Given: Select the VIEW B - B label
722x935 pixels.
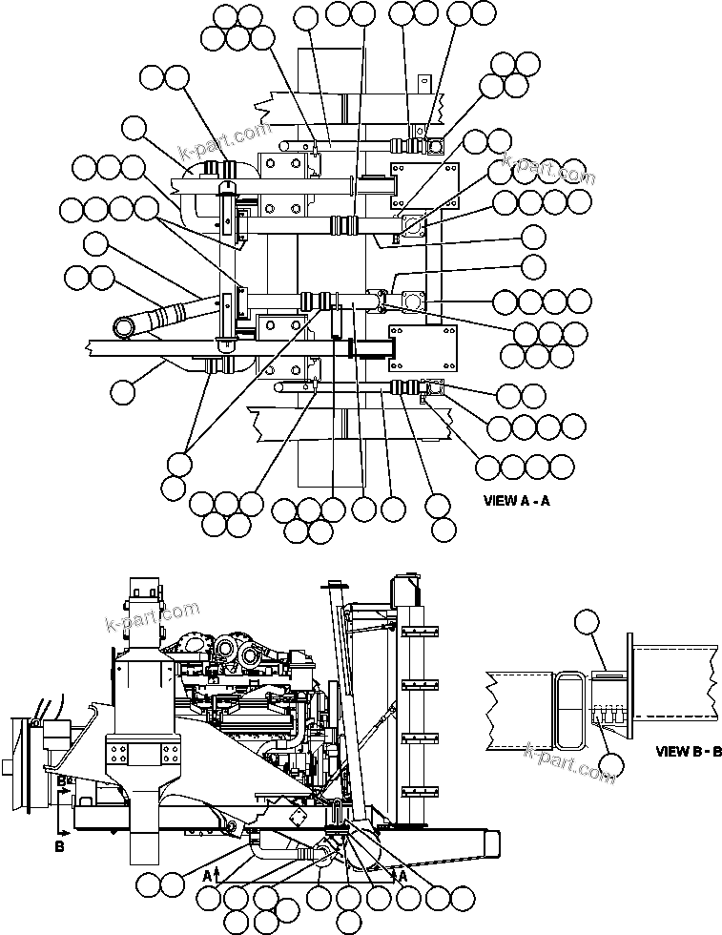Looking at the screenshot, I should click(688, 750).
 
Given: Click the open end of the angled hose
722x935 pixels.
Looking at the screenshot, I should click(125, 328).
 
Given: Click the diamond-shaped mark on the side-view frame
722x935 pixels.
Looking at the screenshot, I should click(296, 819).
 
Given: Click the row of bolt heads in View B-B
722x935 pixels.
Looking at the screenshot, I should click(607, 712).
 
